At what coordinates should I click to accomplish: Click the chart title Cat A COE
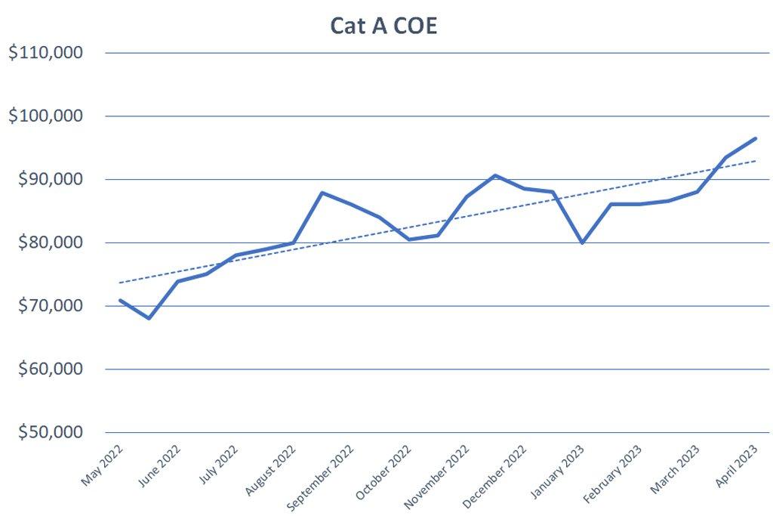click(x=384, y=25)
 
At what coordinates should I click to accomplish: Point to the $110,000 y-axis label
click(x=45, y=53)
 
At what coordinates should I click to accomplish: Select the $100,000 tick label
click(x=45, y=116)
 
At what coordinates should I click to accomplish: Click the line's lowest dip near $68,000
click(x=149, y=318)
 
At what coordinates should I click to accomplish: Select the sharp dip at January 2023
click(x=582, y=243)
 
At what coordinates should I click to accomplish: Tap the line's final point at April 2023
click(x=756, y=138)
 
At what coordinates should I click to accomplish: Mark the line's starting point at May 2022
click(x=120, y=300)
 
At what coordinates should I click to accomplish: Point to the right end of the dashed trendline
click(x=756, y=160)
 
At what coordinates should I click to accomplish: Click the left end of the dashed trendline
click(x=120, y=283)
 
